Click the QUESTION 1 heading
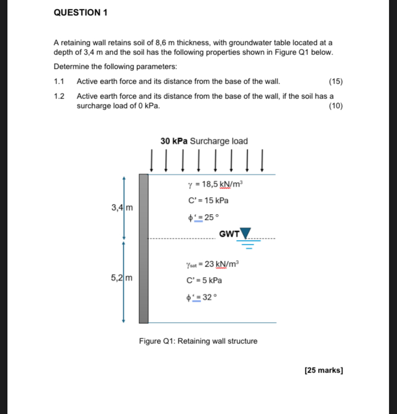coord(80,13)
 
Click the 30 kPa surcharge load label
coord(204,141)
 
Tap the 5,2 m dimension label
coord(122,277)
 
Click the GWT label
coord(229,233)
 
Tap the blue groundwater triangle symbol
coord(246,233)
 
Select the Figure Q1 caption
coord(198,341)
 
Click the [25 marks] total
coord(324,370)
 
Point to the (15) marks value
coord(336,82)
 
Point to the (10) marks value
coord(336,105)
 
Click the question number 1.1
coord(59,82)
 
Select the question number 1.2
coord(59,96)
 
